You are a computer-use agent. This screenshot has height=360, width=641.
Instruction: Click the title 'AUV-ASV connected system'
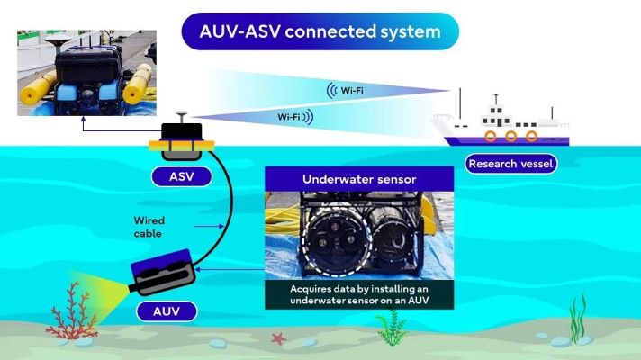320,31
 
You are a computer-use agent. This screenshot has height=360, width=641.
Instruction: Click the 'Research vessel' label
510,164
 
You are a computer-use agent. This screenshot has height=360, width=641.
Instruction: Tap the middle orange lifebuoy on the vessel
510,137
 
